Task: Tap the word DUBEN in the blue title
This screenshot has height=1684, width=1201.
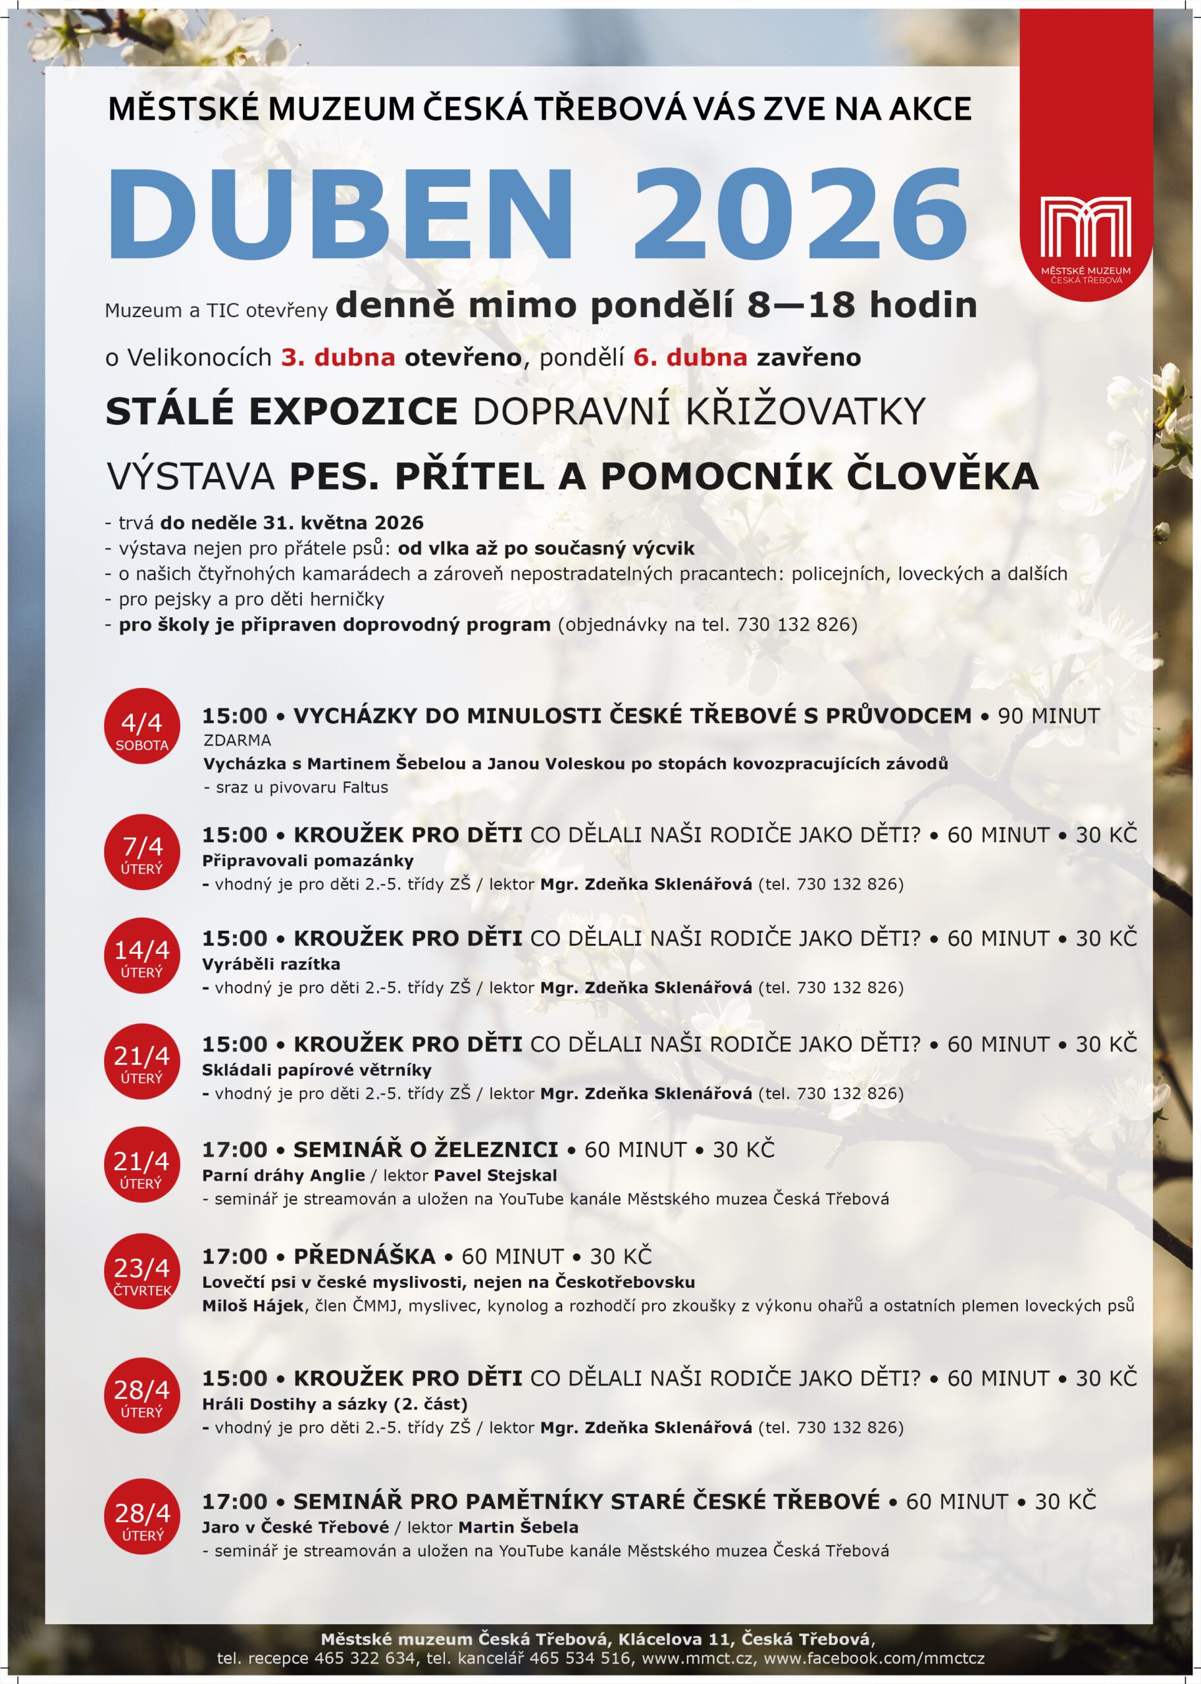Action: (x=340, y=214)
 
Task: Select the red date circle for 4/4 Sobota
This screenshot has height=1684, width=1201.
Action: (x=142, y=726)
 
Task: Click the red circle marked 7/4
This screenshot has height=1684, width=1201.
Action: (x=142, y=852)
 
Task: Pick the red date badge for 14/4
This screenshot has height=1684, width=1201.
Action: (x=142, y=955)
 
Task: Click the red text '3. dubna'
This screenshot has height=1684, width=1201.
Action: (x=338, y=358)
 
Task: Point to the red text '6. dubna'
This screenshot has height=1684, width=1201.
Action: (x=690, y=358)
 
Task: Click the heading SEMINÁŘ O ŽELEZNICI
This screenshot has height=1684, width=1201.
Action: (x=425, y=1149)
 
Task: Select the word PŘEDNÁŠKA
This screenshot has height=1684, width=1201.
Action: (x=365, y=1256)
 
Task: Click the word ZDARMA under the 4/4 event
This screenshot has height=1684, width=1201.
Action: (x=238, y=740)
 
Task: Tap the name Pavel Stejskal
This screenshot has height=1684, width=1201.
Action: (x=496, y=1176)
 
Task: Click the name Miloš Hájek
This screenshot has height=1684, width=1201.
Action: (x=253, y=1306)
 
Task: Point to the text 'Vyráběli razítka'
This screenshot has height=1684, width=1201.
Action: (x=270, y=964)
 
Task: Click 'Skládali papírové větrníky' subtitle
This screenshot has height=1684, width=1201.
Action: (x=317, y=1070)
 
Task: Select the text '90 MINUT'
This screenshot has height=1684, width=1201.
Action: (x=1049, y=716)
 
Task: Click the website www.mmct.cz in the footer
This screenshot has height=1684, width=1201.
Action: (x=698, y=1658)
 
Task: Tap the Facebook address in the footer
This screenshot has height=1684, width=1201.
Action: (x=873, y=1658)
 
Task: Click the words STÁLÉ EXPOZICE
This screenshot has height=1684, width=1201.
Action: (x=282, y=412)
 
